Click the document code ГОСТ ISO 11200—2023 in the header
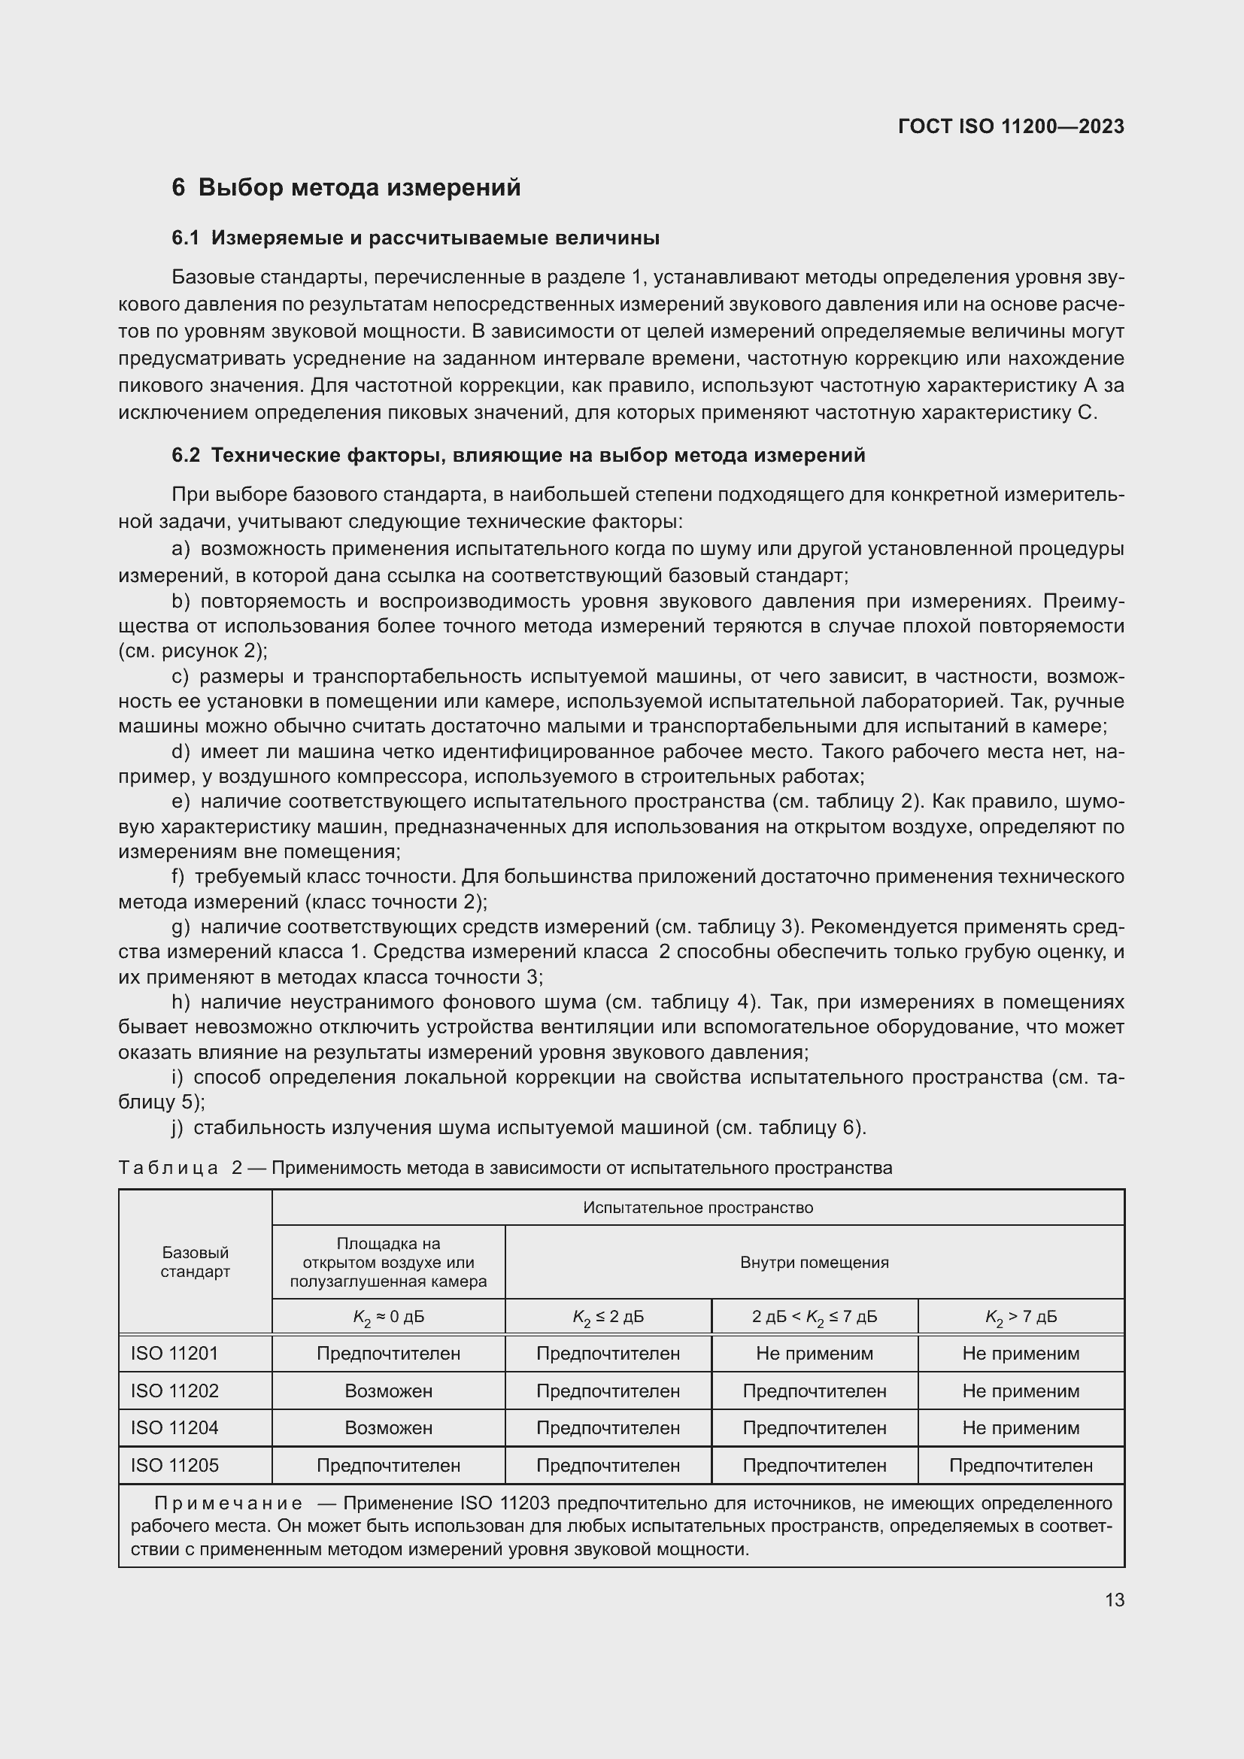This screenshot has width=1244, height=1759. tap(1010, 126)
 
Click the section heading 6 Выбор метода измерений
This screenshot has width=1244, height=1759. tap(346, 187)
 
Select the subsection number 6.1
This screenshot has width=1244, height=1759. tap(185, 238)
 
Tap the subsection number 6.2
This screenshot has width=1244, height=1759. tap(185, 455)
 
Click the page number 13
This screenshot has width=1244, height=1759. tap(1115, 1600)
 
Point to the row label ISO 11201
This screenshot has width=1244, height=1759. tap(174, 1353)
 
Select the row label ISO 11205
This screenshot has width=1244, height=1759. tap(174, 1465)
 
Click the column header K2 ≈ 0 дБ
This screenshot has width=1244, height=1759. tap(388, 1316)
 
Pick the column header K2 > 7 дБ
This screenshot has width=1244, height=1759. tap(1021, 1316)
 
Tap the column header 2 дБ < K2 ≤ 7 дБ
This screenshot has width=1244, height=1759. tap(815, 1316)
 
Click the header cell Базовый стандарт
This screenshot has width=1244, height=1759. tap(196, 1262)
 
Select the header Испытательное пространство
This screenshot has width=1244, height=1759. tap(698, 1208)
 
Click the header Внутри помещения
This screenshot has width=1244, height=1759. tap(815, 1262)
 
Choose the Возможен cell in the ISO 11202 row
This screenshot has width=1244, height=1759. tap(388, 1391)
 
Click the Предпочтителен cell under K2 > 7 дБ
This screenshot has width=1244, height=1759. tap(1021, 1465)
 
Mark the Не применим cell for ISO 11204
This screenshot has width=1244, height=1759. tap(1021, 1427)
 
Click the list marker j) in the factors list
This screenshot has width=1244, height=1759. tap(177, 1128)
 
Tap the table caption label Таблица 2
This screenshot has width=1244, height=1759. tap(181, 1168)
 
